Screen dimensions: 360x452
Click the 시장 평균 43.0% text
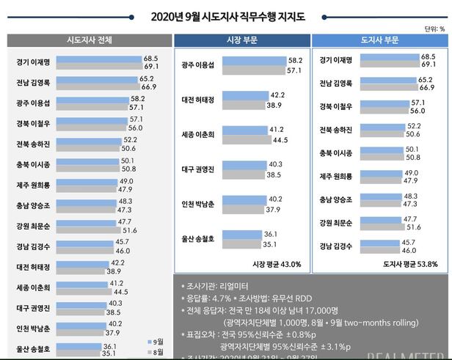click(x=276, y=264)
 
